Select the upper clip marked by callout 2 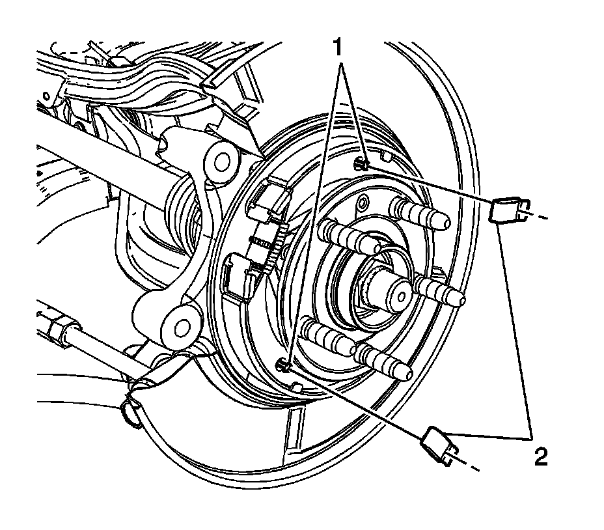click(x=504, y=210)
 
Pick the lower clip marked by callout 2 click(x=437, y=445)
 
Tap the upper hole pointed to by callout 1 click(x=362, y=165)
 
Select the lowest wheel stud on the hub click(x=384, y=362)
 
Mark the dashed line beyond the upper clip click(x=537, y=216)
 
